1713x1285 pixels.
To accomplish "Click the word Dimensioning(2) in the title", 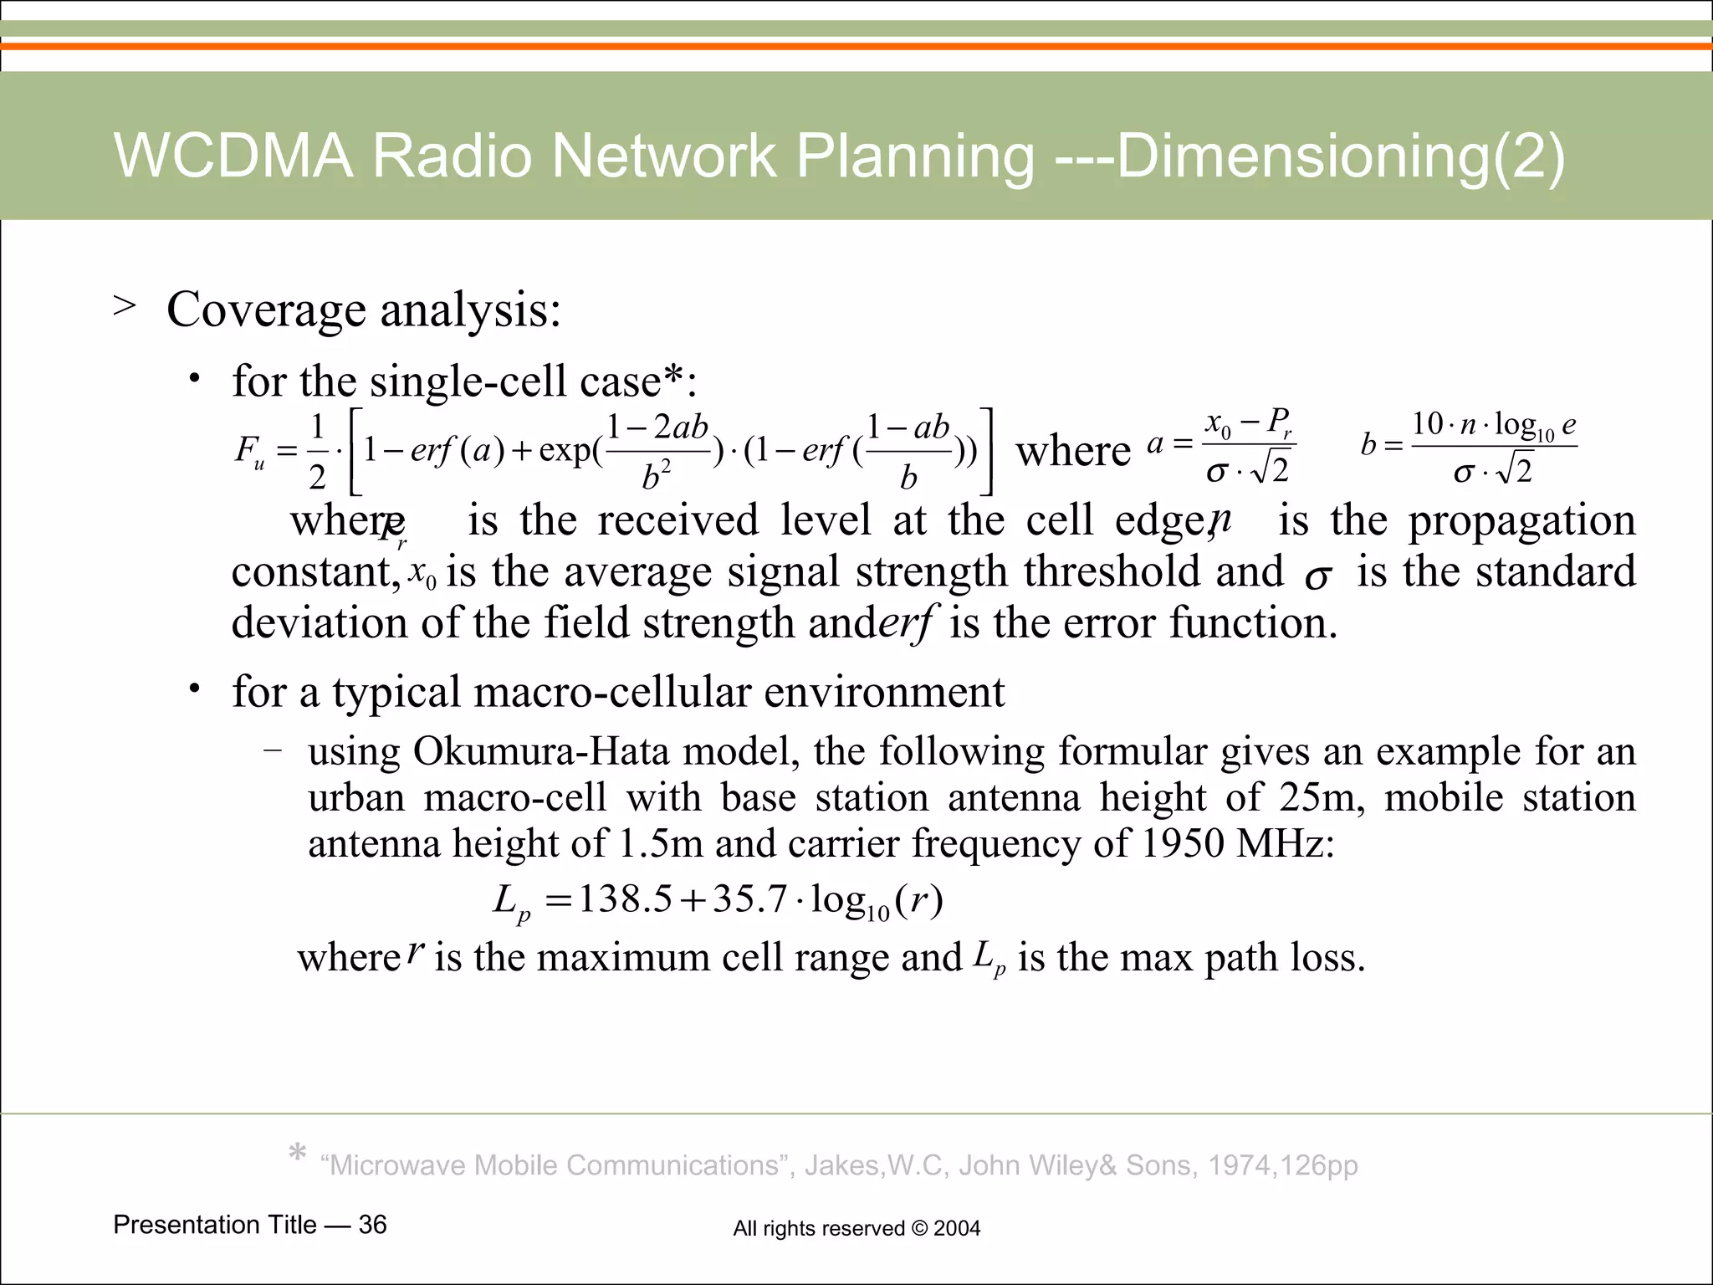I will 1340,157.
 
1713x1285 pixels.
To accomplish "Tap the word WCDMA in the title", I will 233,156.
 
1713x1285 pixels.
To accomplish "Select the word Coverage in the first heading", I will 266,310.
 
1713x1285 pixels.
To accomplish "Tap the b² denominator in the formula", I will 656,477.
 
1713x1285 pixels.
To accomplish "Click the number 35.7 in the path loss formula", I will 749,900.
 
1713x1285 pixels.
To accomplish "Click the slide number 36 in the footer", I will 372,1225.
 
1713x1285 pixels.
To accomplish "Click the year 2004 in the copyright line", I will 957,1229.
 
